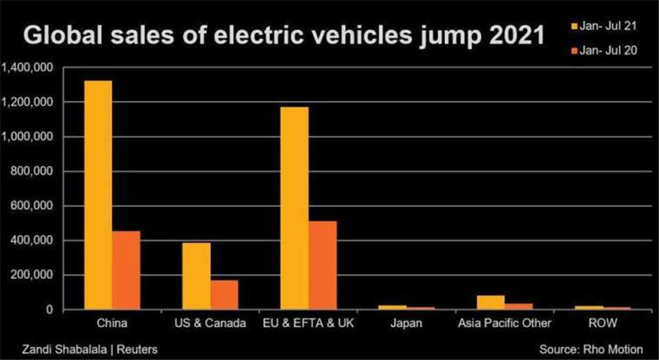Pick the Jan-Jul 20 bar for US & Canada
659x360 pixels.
(x=224, y=295)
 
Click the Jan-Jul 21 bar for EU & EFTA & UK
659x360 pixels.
(x=294, y=209)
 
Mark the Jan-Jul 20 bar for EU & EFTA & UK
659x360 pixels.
(x=322, y=266)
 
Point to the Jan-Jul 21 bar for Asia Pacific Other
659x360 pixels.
(x=491, y=303)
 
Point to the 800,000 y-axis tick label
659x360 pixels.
(x=32, y=172)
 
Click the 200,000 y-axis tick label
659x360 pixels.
(x=32, y=275)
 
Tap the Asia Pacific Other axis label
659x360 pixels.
(x=504, y=323)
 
